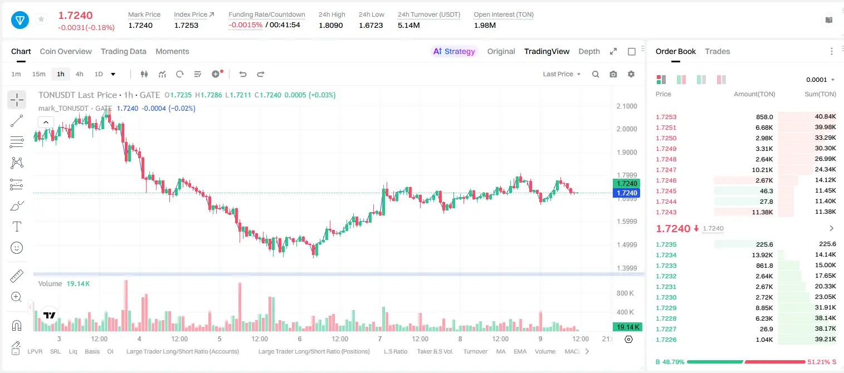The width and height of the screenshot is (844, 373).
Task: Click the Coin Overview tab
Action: click(66, 51)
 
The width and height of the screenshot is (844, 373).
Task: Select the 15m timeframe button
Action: click(39, 74)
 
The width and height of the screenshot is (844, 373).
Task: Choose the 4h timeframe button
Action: click(79, 74)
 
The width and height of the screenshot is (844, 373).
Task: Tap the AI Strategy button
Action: click(454, 51)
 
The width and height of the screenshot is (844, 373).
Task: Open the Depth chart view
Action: click(589, 51)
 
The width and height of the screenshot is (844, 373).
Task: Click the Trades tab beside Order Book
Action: click(718, 51)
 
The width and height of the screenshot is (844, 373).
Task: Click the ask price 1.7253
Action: click(666, 117)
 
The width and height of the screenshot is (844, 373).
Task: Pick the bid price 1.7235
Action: click(666, 244)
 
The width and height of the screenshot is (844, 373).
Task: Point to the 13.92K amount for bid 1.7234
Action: click(762, 255)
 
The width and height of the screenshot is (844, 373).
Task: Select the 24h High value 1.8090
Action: click(331, 25)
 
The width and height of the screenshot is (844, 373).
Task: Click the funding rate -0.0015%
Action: click(245, 25)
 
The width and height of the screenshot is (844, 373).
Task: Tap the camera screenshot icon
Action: click(613, 74)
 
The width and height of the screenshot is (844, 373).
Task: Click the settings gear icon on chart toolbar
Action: click(631, 74)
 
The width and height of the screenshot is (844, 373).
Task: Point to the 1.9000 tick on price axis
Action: click(627, 153)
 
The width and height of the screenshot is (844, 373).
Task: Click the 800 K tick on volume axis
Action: click(625, 293)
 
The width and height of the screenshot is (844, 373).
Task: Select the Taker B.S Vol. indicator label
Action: click(435, 351)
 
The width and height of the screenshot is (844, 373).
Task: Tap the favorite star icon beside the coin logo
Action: click(41, 19)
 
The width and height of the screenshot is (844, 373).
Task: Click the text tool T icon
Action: click(17, 227)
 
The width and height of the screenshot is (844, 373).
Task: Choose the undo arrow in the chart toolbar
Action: click(243, 74)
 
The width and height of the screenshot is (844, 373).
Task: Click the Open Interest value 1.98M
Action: click(485, 25)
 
